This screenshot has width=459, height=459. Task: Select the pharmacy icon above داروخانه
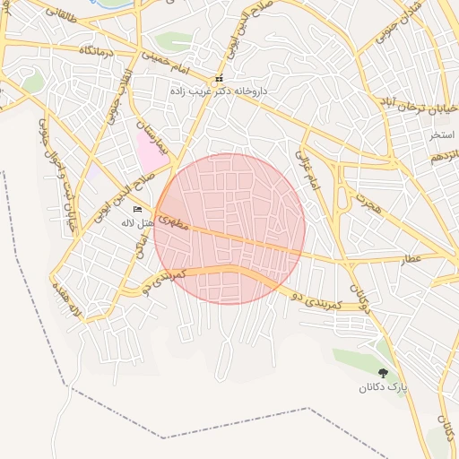[219, 79]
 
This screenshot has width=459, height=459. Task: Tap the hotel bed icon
[137, 210]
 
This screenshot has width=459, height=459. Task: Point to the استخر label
[442, 134]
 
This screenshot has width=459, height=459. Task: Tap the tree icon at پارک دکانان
[384, 373]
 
